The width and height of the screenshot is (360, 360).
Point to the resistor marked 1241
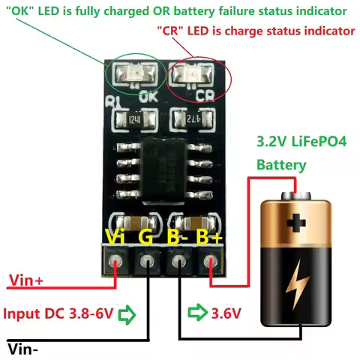(x=135, y=118)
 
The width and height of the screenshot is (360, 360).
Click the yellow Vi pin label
(x=115, y=238)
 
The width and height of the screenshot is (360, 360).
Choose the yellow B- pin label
(x=177, y=238)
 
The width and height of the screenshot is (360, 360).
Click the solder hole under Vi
(x=115, y=263)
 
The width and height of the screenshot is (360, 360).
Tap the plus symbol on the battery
(x=297, y=223)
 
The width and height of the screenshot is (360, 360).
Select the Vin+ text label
(x=25, y=281)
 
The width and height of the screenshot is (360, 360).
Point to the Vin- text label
(x=24, y=348)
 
